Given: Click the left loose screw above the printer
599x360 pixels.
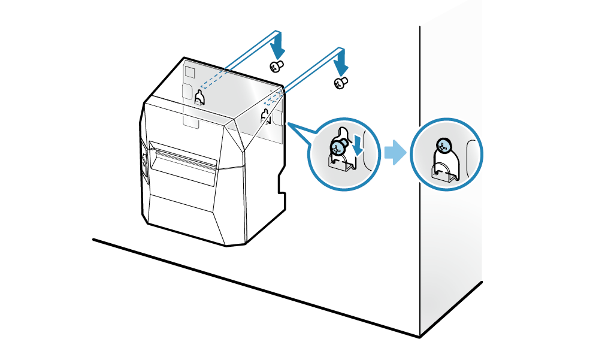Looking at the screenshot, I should (276, 65).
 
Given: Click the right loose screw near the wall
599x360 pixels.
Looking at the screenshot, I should (341, 83).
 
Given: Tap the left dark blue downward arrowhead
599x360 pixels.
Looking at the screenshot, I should (277, 49).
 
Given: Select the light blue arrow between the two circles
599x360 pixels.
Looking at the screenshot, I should (394, 153).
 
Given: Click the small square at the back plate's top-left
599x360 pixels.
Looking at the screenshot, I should (189, 71).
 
